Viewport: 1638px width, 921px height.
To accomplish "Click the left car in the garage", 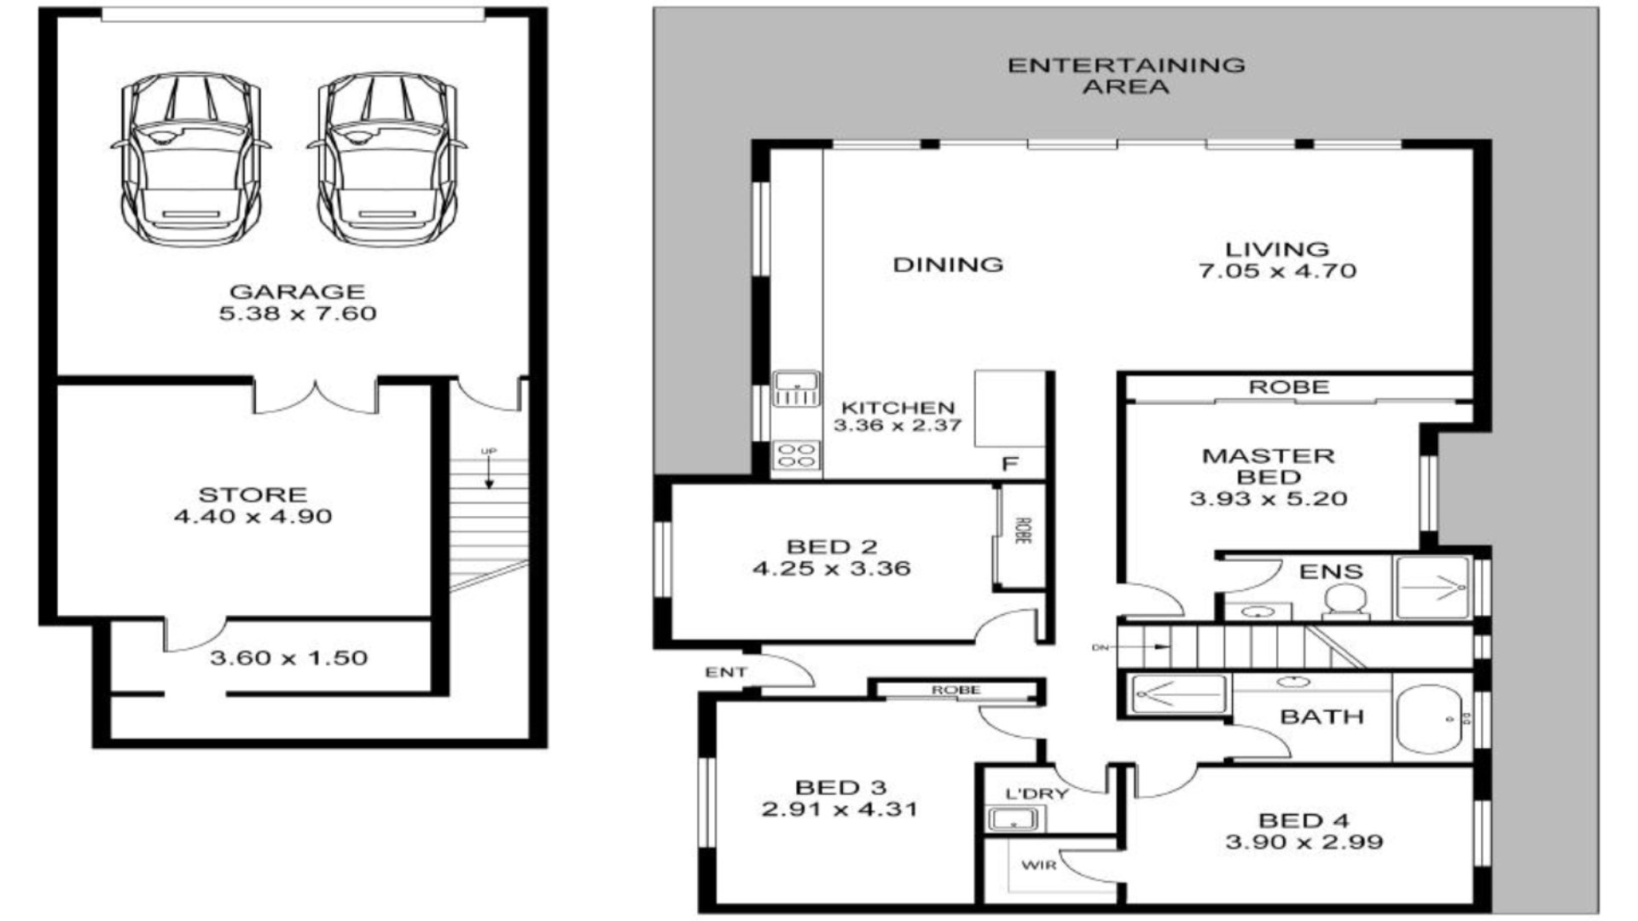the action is pyautogui.click(x=190, y=159).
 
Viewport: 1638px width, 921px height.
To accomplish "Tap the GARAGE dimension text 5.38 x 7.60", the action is pyautogui.click(x=298, y=314).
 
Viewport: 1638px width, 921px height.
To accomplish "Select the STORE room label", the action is pyautogui.click(x=253, y=495).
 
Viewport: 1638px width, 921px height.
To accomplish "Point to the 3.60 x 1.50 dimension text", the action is pyautogui.click(x=288, y=658).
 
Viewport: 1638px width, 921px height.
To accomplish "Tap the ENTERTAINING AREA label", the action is pyautogui.click(x=1126, y=75).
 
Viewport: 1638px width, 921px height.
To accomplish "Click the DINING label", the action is pyautogui.click(x=948, y=265).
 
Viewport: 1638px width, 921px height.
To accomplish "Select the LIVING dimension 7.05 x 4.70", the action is pyautogui.click(x=1277, y=271).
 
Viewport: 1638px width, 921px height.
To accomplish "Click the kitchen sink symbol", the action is pyautogui.click(x=796, y=388).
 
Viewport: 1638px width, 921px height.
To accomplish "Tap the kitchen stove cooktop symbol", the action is pyautogui.click(x=796, y=455).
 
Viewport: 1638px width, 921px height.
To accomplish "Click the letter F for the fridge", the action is pyautogui.click(x=1010, y=465).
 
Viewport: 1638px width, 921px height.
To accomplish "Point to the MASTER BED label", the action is pyautogui.click(x=1269, y=466).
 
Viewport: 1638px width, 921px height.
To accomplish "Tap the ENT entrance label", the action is pyautogui.click(x=726, y=673).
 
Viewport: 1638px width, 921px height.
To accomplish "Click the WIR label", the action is pyautogui.click(x=1039, y=866).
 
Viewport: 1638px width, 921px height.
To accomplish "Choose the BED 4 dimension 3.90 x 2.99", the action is pyautogui.click(x=1304, y=843).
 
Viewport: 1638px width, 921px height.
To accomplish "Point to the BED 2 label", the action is pyautogui.click(x=832, y=547).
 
